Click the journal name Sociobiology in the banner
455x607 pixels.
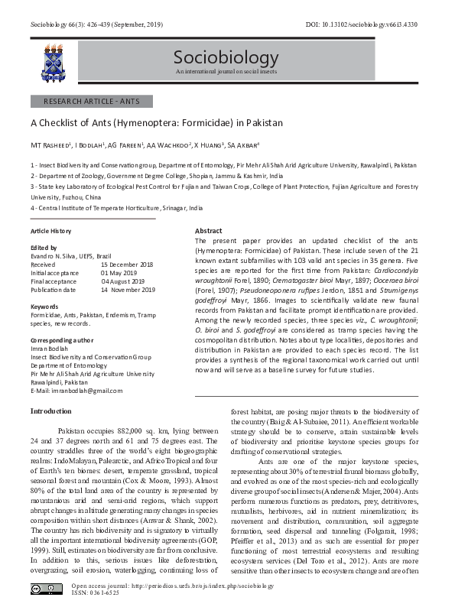point(215,58)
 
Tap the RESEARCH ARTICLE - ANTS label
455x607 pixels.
point(91,101)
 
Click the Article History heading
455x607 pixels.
point(50,230)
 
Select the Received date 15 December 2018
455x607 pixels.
point(128,265)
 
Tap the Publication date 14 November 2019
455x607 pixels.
point(128,290)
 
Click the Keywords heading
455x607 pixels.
point(45,307)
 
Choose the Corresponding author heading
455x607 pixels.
point(62,339)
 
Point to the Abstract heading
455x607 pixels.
point(209,231)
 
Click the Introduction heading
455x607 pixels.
point(51,411)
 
